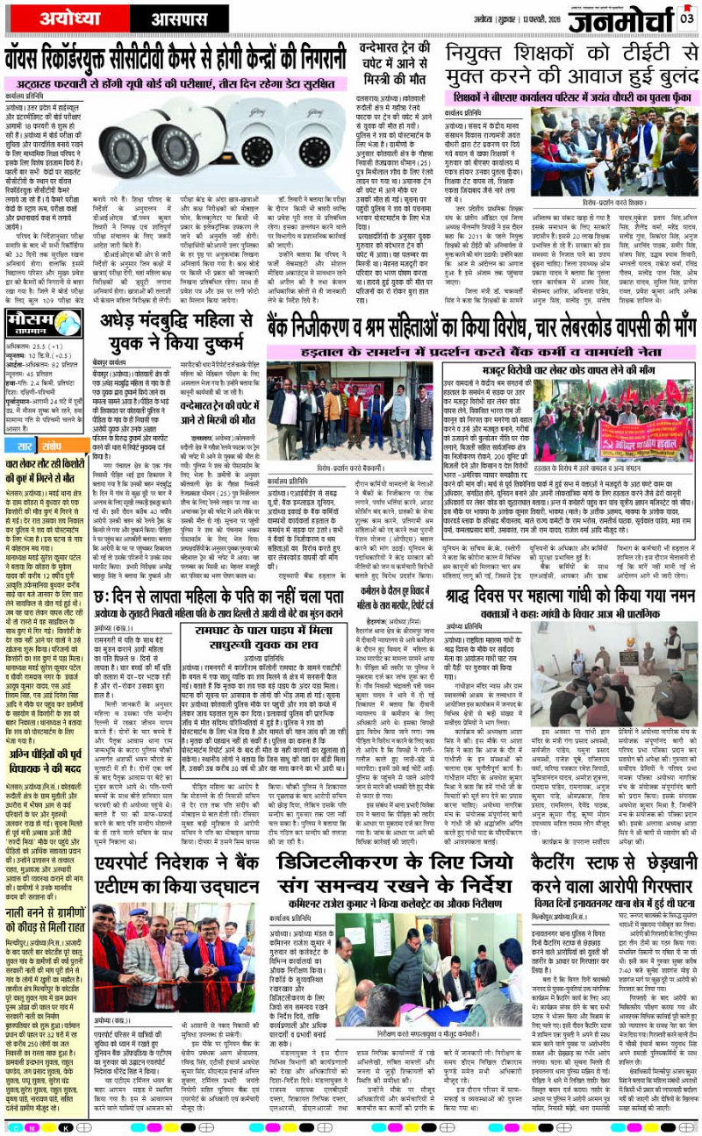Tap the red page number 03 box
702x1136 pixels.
[686, 17]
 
